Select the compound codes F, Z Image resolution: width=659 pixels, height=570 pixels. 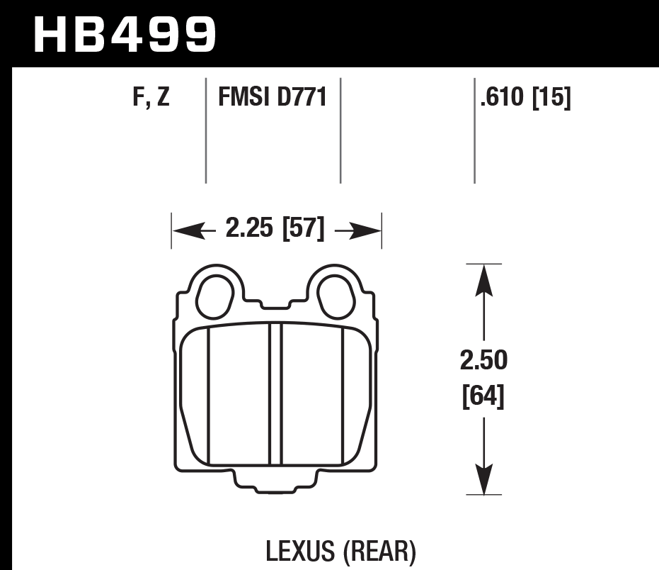[151, 97]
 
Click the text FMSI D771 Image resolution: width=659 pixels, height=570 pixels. [273, 97]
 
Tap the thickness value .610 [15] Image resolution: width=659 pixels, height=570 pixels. [525, 97]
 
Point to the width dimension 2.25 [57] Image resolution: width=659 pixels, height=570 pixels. [275, 230]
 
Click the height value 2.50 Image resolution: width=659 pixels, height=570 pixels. [484, 361]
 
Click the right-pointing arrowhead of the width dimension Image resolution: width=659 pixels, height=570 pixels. [367, 230]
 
